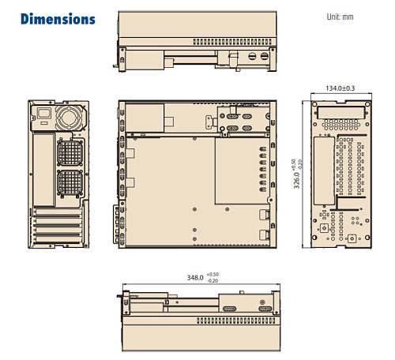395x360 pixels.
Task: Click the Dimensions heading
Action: pyautogui.click(x=58, y=19)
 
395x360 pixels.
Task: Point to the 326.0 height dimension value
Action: pyautogui.click(x=297, y=178)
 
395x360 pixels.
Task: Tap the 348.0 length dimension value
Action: pyautogui.click(x=194, y=278)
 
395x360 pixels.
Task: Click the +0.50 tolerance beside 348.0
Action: pyautogui.click(x=213, y=275)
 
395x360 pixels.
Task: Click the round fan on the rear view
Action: pyautogui.click(x=69, y=117)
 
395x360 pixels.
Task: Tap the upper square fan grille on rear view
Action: pyautogui.click(x=70, y=150)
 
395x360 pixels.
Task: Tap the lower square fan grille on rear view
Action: pyautogui.click(x=70, y=186)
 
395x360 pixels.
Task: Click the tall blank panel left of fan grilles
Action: pyautogui.click(x=45, y=170)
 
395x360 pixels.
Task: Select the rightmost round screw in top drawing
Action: pyautogui.click(x=265, y=56)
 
